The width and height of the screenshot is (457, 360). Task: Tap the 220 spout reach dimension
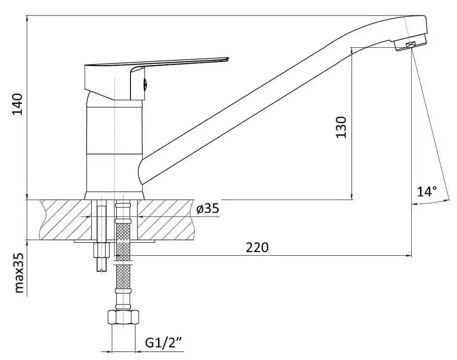(258, 247)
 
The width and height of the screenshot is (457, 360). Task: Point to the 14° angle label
(427, 191)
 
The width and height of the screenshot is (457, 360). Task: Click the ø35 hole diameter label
(208, 209)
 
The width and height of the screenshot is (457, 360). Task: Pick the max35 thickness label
(18, 274)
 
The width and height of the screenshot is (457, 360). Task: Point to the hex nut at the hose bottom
(123, 318)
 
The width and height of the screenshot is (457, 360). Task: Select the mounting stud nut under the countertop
(101, 251)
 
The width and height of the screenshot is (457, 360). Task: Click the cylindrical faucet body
(115, 145)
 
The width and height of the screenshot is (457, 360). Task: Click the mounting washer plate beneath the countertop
(140, 242)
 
